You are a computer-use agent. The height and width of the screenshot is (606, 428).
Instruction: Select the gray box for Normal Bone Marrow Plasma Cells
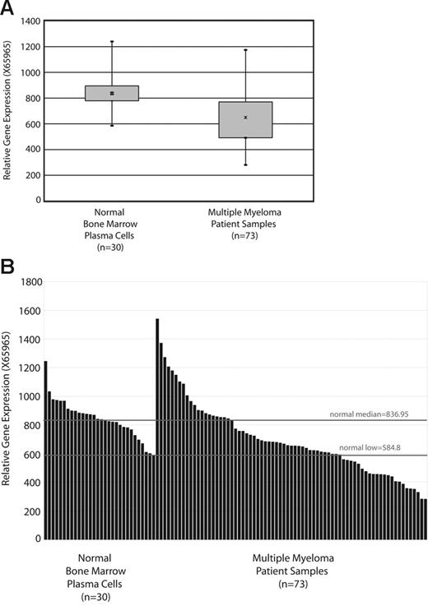[x=111, y=93]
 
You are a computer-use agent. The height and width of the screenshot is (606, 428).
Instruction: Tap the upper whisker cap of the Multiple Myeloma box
[x=245, y=50]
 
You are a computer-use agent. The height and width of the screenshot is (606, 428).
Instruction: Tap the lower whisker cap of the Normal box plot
[x=111, y=126]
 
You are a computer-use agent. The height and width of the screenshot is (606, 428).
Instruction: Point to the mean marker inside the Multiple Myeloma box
[x=245, y=118]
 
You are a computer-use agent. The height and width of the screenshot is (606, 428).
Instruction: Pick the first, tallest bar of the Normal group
[x=46, y=450]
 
